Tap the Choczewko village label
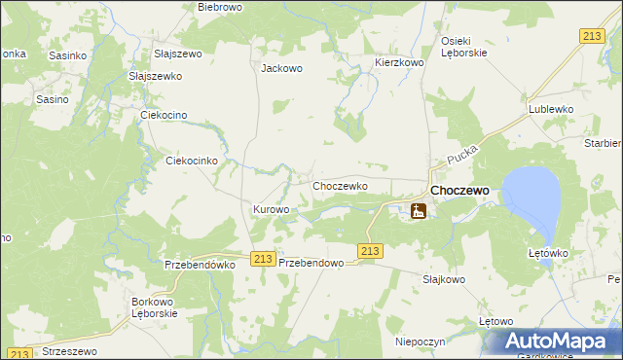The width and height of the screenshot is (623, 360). pyautogui.click(x=339, y=186)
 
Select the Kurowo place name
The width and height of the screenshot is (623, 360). pyautogui.click(x=272, y=210)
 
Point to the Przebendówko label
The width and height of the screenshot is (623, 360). pyautogui.click(x=202, y=264)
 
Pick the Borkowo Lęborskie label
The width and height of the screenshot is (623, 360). pyautogui.click(x=155, y=308)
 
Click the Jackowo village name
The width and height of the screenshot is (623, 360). pyautogui.click(x=282, y=69)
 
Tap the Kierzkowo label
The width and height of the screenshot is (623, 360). pyautogui.click(x=399, y=62)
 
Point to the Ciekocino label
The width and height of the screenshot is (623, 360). pyautogui.click(x=169, y=116)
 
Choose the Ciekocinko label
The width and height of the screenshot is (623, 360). pyautogui.click(x=198, y=161)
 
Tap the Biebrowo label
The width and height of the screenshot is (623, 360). pyautogui.click(x=219, y=7)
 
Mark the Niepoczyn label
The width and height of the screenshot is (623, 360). pyautogui.click(x=420, y=342)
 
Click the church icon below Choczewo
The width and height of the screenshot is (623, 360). pyautogui.click(x=419, y=210)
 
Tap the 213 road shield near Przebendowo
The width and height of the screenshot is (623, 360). pyautogui.click(x=261, y=258)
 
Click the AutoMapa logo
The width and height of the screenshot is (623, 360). pyautogui.click(x=558, y=342)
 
